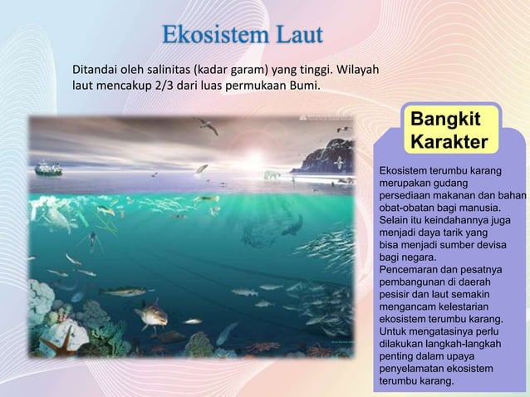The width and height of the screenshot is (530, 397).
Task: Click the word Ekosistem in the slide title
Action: pos(208,38)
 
